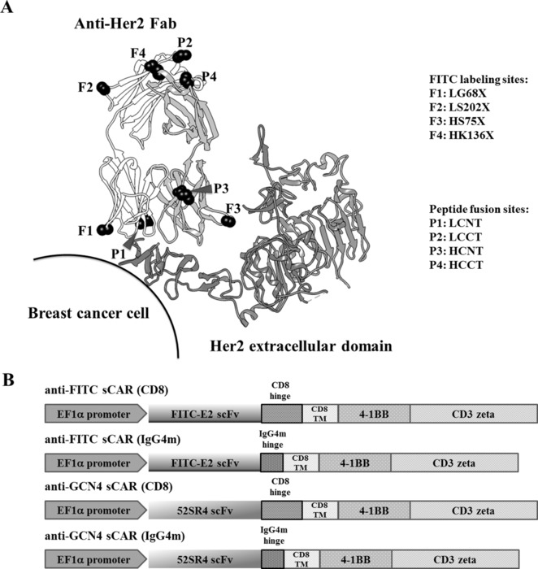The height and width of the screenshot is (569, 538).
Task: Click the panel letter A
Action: coord(11,11)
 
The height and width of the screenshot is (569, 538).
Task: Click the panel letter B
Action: coord(11,378)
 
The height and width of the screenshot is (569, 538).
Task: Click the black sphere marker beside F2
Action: coord(103,88)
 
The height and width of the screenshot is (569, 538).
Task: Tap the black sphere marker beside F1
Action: coord(104,230)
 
